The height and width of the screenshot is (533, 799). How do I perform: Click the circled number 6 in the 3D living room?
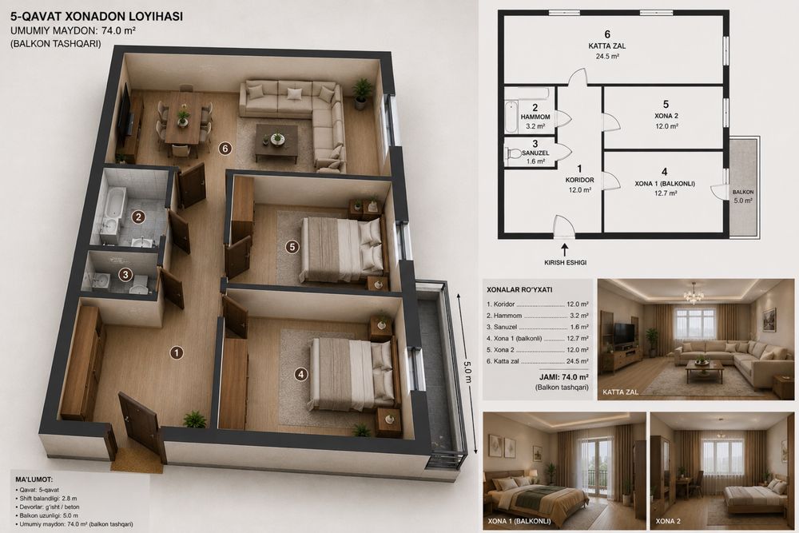[x=225, y=149]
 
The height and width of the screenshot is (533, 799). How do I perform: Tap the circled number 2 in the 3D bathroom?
[x=137, y=217]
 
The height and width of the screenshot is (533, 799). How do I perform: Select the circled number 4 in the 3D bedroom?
[x=301, y=375]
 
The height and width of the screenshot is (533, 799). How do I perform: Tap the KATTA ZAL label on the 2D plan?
[x=607, y=46]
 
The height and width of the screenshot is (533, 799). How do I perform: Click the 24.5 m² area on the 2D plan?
[x=607, y=57]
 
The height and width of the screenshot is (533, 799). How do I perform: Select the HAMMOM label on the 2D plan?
[x=535, y=117]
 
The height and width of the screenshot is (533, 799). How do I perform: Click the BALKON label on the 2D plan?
[x=743, y=192]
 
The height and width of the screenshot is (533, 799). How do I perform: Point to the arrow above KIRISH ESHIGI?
[x=565, y=249]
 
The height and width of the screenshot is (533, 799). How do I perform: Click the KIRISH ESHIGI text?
[x=565, y=262]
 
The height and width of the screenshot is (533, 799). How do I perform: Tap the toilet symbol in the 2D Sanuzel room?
[x=514, y=153]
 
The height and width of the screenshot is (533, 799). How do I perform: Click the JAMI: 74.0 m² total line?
[x=563, y=377]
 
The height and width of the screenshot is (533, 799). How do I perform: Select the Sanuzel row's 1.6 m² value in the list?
[x=579, y=327]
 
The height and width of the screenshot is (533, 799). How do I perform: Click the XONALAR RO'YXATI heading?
[x=519, y=290]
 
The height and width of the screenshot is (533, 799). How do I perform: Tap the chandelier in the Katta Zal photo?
[x=694, y=294]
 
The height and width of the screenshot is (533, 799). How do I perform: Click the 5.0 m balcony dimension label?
[x=467, y=372]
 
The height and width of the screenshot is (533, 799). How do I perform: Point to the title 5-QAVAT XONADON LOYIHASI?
[x=97, y=16]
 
